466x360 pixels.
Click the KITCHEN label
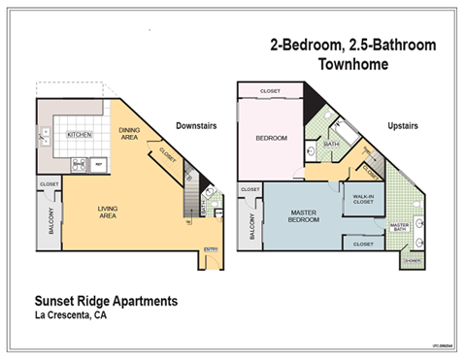79,135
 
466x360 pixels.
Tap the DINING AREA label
129,135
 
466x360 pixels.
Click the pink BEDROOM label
271,138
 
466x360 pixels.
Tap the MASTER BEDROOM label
304,215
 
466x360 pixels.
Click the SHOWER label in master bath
412,260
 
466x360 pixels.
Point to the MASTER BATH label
399,228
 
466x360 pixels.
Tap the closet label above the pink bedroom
272,91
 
